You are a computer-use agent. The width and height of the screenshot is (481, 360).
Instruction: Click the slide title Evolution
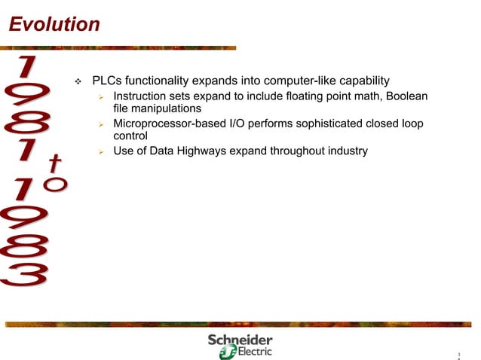coord(54,25)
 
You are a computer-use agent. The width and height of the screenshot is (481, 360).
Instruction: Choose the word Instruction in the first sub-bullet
coord(142,96)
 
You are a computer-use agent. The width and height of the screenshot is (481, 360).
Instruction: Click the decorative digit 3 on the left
coord(24,273)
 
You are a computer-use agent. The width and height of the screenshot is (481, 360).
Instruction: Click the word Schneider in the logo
coord(240,340)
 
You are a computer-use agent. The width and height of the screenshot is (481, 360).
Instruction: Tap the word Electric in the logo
coord(254,352)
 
